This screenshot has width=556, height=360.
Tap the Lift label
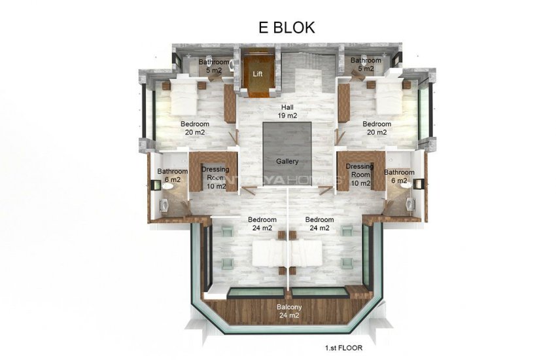pyautogui.click(x=258, y=73)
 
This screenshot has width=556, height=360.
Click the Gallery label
pyautogui.click(x=287, y=161)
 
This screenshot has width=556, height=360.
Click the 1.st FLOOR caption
pyautogui.click(x=343, y=348)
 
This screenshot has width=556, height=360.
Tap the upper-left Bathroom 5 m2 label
pyautogui.click(x=215, y=65)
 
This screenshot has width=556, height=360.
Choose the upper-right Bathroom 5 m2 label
pyautogui.click(x=365, y=64)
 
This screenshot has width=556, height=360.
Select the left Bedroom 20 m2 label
pyautogui.click(x=195, y=128)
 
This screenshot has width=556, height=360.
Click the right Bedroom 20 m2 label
pyautogui.click(x=377, y=128)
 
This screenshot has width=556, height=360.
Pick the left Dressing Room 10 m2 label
pyautogui.click(x=215, y=177)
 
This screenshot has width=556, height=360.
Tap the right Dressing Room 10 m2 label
pyautogui.click(x=359, y=175)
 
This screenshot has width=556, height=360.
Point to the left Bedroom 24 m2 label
pyautogui.click(x=262, y=223)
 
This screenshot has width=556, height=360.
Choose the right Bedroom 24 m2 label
pyautogui.click(x=319, y=223)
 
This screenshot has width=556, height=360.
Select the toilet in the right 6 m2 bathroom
pyautogui.click(x=408, y=187)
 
